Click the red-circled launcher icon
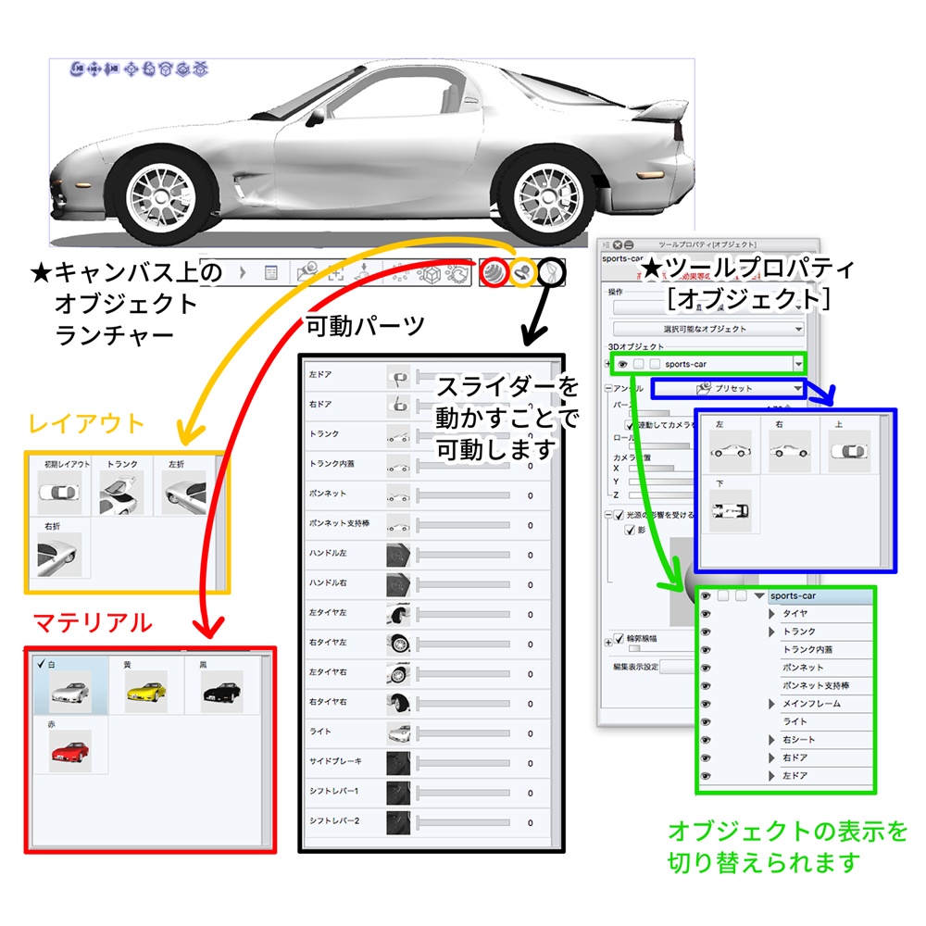(494, 273)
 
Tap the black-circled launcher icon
(551, 273)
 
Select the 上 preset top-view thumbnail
(849, 450)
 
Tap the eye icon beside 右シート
(706, 740)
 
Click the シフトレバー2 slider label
(333, 821)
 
